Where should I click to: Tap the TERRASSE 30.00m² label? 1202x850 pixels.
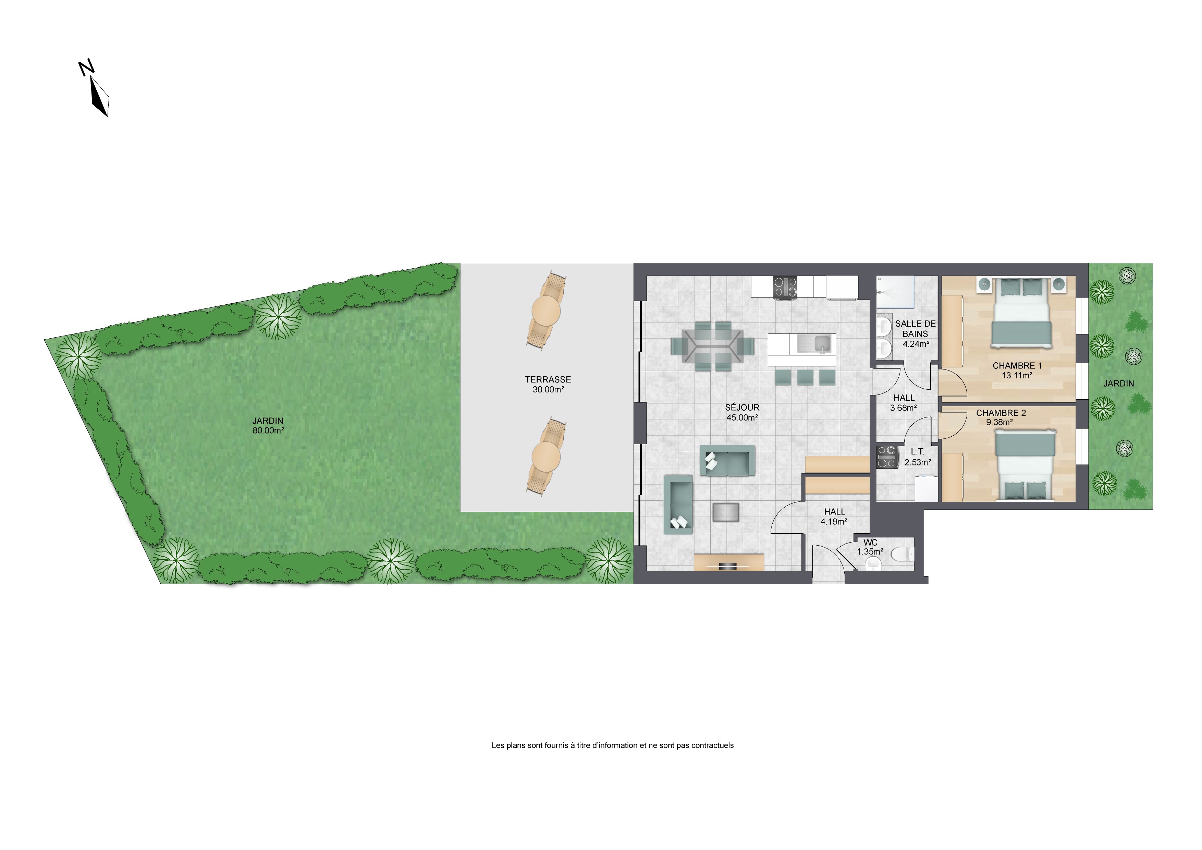pos(548,385)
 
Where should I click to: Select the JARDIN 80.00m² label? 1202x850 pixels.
pos(268,426)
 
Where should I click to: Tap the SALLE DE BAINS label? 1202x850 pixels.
pos(916,329)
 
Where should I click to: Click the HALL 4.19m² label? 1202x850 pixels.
pos(834,517)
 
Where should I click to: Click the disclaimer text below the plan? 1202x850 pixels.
pos(613,745)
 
